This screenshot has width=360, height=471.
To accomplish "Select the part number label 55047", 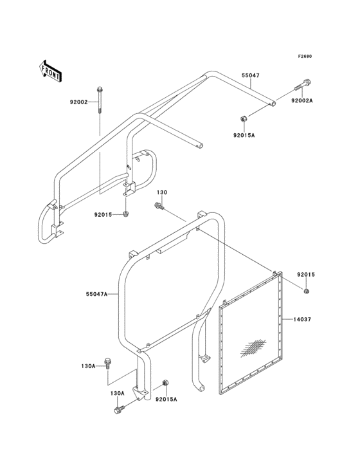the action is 251,75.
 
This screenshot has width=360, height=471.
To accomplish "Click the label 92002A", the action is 301,101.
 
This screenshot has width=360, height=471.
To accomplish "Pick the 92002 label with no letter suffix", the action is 78,102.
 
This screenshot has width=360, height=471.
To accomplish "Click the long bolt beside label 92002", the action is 99,100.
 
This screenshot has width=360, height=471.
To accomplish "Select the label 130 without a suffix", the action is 162,192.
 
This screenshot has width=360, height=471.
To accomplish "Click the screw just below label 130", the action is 159,206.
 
